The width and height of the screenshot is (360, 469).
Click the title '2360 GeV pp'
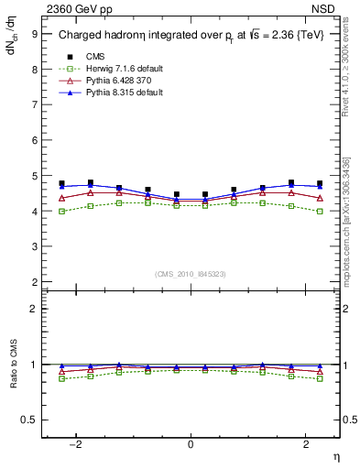tap(71, 9)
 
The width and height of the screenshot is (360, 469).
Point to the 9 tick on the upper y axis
tap(34, 34)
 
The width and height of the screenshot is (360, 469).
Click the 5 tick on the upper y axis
tap(34, 176)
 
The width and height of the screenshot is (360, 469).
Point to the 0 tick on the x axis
tap(191, 443)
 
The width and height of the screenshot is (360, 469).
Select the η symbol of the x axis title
tap(335, 455)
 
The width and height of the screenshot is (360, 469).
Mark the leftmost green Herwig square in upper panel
tap(61, 212)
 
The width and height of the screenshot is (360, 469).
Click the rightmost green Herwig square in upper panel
tap(320, 212)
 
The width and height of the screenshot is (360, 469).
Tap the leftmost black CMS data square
tap(61, 183)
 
